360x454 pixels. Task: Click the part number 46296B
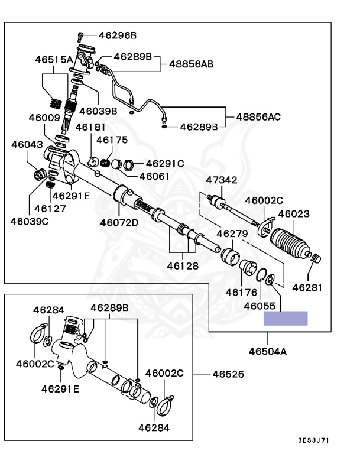[x=117, y=35]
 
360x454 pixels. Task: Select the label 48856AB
[x=191, y=64]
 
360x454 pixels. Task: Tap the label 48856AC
[x=258, y=117]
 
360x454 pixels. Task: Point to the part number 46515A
[x=54, y=60]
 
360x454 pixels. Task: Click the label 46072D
[x=119, y=223]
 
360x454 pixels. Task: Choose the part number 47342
[x=222, y=180]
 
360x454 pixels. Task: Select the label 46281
[x=307, y=287]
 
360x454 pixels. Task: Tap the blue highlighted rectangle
[x=286, y=318]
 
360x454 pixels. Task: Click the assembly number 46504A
[x=268, y=351]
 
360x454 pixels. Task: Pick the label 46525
[x=228, y=374]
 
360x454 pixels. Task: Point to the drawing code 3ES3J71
[x=314, y=440]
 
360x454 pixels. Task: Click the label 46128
[x=183, y=266]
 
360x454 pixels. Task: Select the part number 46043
[x=27, y=144]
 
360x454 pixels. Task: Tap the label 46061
[x=154, y=176]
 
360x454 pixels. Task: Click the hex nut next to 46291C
[x=128, y=165]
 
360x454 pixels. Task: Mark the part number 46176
[x=241, y=292]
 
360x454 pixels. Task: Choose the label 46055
[x=260, y=306]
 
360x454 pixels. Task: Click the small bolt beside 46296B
[x=80, y=37]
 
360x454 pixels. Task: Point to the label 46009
[x=44, y=118]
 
